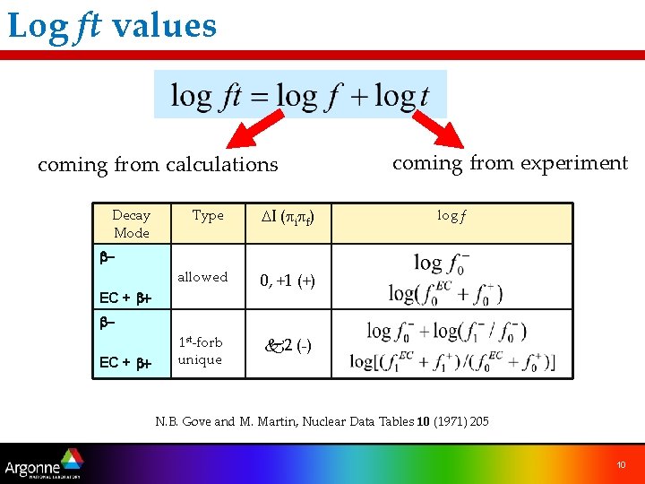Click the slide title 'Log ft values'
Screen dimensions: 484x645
click(112, 25)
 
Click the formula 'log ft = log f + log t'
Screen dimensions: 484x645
click(299, 95)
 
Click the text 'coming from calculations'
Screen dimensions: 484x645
click(158, 165)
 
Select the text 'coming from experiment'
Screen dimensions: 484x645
click(510, 163)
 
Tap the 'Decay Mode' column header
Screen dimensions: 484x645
click(131, 223)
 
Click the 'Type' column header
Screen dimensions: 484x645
click(208, 215)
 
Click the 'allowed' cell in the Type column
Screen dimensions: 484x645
click(202, 277)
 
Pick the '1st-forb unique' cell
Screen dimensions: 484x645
click(200, 350)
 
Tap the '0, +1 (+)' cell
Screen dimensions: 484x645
click(287, 281)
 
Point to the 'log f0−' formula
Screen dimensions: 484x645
click(443, 264)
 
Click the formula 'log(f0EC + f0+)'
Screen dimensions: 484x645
click(446, 292)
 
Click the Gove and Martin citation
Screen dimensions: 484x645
click(322, 421)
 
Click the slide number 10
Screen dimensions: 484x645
click(621, 463)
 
